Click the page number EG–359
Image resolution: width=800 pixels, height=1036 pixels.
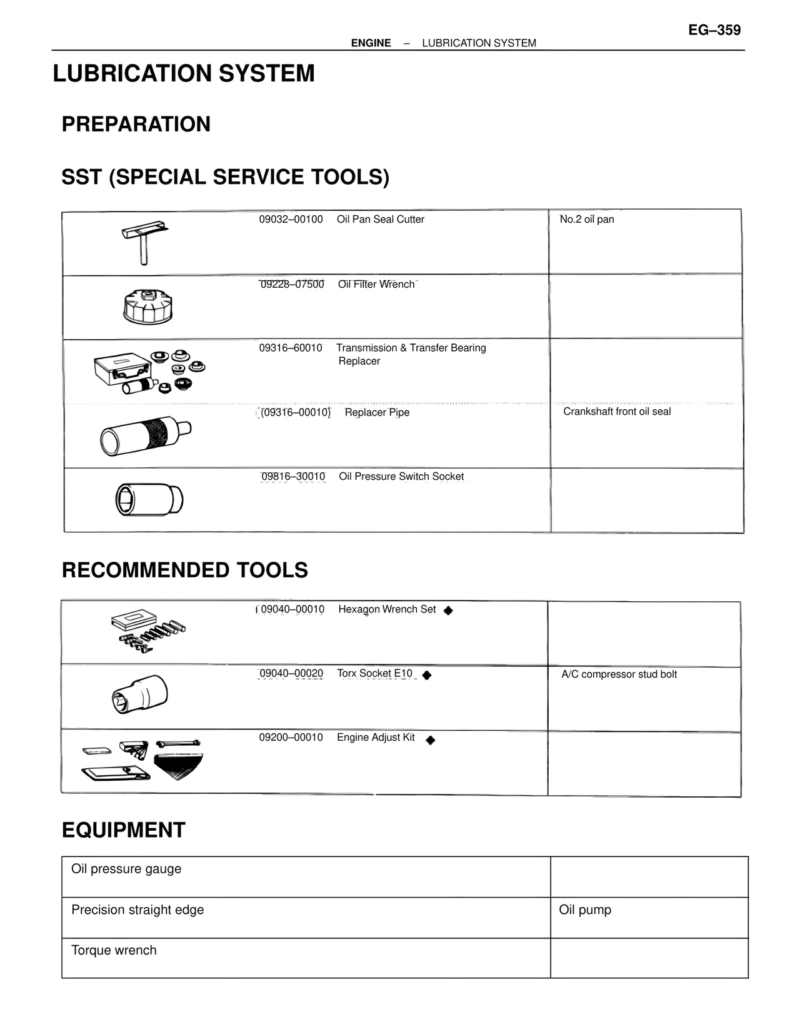point(714,30)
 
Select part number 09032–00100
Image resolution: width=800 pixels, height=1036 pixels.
point(291,220)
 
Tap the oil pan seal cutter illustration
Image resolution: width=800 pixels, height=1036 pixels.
point(144,241)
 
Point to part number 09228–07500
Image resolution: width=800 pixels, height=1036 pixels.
point(292,285)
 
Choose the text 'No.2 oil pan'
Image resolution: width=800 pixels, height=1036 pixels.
point(587,220)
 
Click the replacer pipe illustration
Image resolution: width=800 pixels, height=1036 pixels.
point(146,434)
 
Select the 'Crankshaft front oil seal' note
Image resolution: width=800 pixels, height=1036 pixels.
point(617,412)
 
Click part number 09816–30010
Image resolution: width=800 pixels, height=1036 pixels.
point(293,477)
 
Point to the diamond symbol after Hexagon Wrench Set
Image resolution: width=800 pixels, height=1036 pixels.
point(448,611)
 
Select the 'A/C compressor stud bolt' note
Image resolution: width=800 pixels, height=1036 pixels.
point(619,674)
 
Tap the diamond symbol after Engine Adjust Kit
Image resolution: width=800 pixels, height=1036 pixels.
point(430,740)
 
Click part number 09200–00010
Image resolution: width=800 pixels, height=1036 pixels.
point(291,738)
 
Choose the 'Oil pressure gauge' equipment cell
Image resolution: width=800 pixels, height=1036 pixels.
point(126,869)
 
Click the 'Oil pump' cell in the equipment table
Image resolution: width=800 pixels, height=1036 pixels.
point(585,910)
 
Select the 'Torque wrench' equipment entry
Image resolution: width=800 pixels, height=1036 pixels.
point(114,950)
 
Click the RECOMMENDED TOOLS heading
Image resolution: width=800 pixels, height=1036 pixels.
point(185,570)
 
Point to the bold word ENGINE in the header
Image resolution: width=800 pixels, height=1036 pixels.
point(371,43)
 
